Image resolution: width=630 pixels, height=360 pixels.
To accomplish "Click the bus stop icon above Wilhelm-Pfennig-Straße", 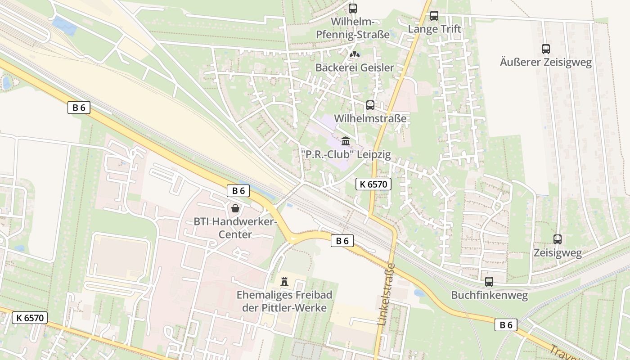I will [353, 8].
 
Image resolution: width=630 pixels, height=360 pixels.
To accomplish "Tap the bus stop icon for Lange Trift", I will [434, 16].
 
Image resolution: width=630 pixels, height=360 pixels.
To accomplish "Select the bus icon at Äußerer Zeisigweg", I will [546, 49].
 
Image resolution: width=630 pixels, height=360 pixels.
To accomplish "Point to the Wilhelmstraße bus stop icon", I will [370, 105].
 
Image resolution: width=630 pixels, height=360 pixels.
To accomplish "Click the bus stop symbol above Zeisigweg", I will [558, 239].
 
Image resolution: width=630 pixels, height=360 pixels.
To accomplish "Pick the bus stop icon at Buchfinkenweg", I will [489, 282].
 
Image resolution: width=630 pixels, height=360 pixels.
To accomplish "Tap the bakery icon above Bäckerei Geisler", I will [355, 54].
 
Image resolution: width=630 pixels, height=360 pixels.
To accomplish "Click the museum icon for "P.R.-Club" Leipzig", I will [346, 141].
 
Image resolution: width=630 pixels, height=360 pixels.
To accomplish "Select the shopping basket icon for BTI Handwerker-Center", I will [235, 208].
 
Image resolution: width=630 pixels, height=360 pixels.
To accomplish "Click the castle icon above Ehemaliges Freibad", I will [284, 282].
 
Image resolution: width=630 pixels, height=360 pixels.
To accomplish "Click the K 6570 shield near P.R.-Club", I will [373, 184].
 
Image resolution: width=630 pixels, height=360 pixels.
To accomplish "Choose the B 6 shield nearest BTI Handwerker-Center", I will [238, 191].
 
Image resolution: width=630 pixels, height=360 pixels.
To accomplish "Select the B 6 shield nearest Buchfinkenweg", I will [506, 325].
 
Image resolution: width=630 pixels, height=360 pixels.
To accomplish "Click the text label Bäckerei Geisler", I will [355, 68].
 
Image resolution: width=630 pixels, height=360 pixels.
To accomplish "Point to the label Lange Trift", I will [434, 29].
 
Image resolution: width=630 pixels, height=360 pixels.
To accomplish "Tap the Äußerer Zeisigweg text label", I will [546, 62].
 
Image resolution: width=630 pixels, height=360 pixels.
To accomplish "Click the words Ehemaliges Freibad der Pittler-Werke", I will [284, 301].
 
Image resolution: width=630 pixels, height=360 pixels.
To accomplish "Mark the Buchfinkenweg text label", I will [489, 296].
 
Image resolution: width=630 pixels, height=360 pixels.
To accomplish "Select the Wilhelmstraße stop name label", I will [370, 119].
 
